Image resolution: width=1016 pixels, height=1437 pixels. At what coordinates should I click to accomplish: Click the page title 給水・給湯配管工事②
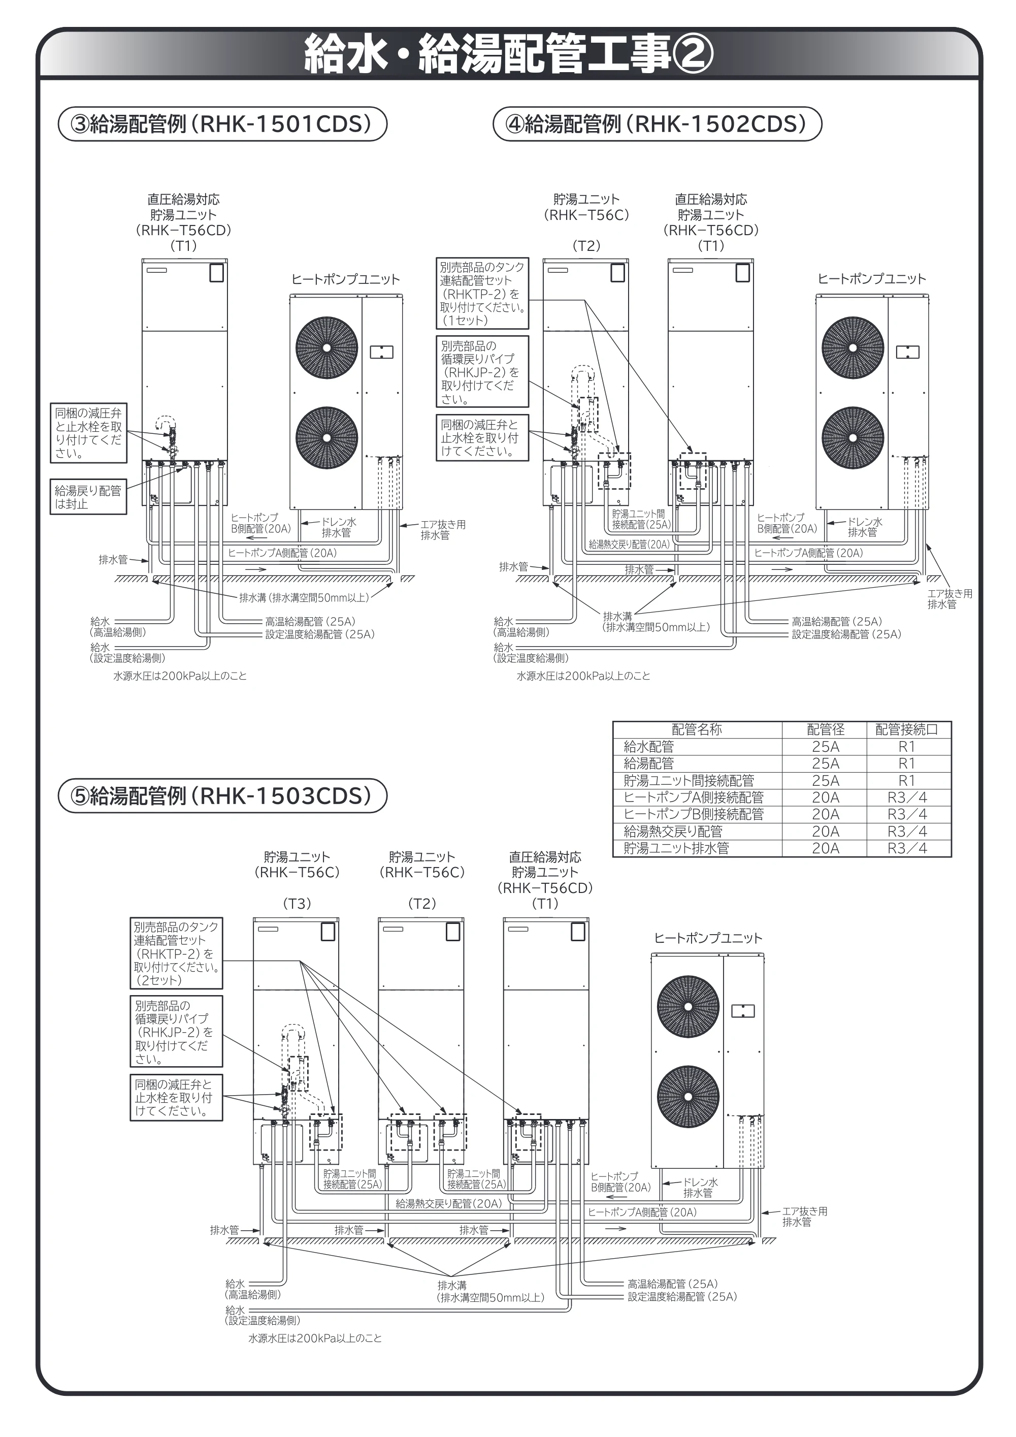pos(508,54)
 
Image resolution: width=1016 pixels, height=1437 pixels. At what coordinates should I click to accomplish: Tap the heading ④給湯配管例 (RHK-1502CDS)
pos(657,124)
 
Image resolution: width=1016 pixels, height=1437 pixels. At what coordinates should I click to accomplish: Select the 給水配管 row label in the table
pos(649,747)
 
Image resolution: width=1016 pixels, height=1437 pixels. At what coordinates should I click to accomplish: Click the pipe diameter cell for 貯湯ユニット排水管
pos(825,848)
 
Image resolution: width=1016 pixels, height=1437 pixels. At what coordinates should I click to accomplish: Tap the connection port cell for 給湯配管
pos(906,763)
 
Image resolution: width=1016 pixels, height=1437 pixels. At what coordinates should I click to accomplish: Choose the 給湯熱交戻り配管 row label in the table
pos(673,831)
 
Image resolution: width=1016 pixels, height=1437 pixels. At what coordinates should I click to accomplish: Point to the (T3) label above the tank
pos(297,903)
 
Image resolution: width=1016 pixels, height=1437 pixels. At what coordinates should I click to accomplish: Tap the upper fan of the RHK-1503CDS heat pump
pos(687,1006)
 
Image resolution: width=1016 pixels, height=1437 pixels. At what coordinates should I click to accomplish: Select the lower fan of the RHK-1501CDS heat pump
pos(326,438)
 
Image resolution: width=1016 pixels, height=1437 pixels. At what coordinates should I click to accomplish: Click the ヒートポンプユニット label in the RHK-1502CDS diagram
pos(871,279)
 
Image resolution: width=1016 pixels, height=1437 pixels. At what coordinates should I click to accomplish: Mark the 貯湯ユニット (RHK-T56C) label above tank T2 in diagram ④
pos(586,207)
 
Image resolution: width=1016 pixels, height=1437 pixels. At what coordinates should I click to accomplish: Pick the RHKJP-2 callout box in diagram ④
pos(482,372)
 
